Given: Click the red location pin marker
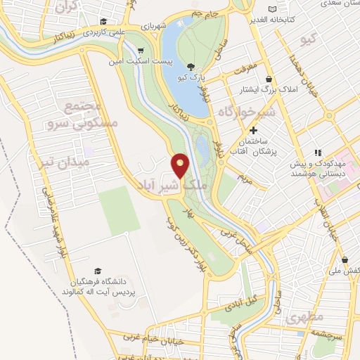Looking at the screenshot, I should click(x=181, y=165).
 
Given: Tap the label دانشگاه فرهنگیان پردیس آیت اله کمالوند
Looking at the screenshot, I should click(x=98, y=285).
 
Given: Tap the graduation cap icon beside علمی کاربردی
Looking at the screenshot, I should click(x=105, y=21).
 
